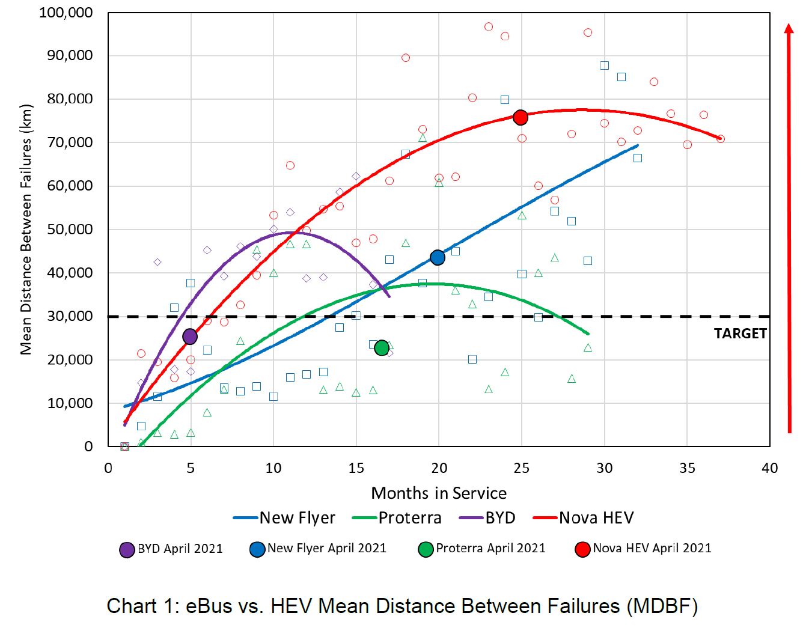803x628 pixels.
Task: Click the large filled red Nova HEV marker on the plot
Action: [x=521, y=118]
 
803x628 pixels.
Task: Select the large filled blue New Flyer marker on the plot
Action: [x=438, y=258]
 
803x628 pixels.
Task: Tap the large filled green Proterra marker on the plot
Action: [x=382, y=348]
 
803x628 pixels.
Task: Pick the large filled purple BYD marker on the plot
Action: [x=190, y=337]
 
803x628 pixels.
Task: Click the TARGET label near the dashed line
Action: [x=740, y=334]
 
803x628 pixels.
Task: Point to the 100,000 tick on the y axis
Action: [x=66, y=13]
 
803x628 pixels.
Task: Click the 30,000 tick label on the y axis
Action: [x=70, y=316]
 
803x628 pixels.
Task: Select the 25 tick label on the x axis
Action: [x=522, y=469]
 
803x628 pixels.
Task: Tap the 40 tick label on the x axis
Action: [x=769, y=469]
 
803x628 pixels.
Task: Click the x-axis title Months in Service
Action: [x=439, y=493]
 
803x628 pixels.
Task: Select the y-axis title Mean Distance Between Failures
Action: [x=26, y=230]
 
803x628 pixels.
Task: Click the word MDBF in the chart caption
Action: [x=661, y=606]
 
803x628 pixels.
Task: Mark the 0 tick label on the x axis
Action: [x=108, y=469]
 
